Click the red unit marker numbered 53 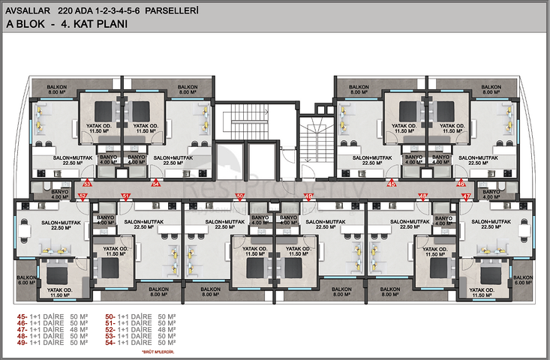87,182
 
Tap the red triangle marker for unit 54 156,182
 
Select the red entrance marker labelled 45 391,182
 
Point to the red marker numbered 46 461,182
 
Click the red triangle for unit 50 239,196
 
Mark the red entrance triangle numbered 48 423,196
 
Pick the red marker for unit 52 82,196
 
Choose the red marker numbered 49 308,196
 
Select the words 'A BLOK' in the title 26,24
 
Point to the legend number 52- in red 110,329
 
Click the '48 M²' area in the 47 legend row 78,329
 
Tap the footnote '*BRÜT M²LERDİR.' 157,350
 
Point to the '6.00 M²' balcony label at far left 26,282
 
